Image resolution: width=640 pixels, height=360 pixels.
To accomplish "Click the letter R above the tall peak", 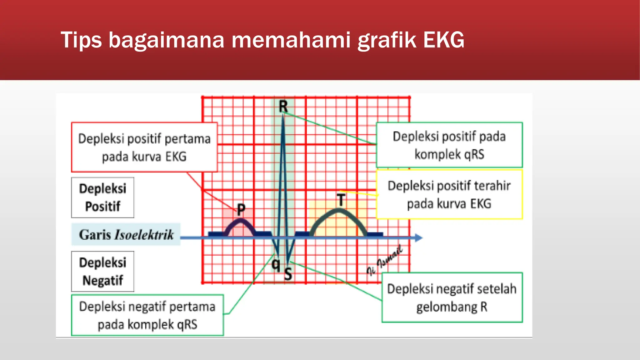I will [x=283, y=107].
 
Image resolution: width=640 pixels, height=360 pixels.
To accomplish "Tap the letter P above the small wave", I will [x=241, y=209].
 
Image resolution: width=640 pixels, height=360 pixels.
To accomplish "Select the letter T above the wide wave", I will [x=341, y=200].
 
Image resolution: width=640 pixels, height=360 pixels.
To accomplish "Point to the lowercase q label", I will [x=276, y=264].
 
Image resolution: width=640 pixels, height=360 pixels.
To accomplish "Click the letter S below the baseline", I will [x=288, y=274].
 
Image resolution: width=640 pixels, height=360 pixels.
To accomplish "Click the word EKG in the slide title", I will [x=443, y=40].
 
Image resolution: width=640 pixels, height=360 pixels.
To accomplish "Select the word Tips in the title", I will [x=81, y=40].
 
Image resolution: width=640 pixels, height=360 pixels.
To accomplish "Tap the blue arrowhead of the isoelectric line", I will [x=419, y=238].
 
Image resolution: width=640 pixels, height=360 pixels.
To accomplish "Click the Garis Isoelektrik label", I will [x=126, y=234].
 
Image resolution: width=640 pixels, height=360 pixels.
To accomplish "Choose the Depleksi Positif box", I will [x=102, y=197].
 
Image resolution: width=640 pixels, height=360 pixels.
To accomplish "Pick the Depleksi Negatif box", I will [x=102, y=271].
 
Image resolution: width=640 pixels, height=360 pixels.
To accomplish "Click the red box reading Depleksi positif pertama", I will [x=144, y=147].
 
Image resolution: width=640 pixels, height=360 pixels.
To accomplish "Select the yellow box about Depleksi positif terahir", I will [x=449, y=194].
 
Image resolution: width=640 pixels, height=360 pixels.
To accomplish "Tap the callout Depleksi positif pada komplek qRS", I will [x=449, y=145].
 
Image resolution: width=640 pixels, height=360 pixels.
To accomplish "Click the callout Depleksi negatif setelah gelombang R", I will [x=452, y=297].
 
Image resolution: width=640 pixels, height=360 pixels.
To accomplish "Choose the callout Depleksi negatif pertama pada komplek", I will [x=147, y=315].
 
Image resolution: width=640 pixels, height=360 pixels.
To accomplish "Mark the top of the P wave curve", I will [x=241, y=220].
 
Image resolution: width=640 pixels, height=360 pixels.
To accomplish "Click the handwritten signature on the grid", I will [x=385, y=261].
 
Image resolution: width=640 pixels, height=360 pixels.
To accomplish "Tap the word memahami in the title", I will [x=291, y=40].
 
